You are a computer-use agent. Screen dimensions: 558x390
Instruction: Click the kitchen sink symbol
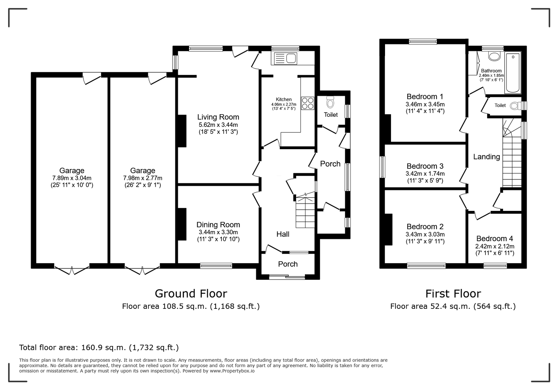pyautogui.click(x=286, y=59)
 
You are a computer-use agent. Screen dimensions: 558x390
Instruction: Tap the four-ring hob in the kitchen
pyautogui.click(x=308, y=103)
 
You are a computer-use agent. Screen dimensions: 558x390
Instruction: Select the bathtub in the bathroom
pyautogui.click(x=513, y=73)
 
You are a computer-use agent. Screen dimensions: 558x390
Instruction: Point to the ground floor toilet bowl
pyautogui.click(x=330, y=102)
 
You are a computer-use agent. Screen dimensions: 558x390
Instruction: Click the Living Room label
pyautogui.click(x=218, y=117)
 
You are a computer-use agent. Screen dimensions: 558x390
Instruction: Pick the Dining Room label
pyautogui.click(x=218, y=225)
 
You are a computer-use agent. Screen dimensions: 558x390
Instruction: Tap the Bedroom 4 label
pyautogui.click(x=495, y=239)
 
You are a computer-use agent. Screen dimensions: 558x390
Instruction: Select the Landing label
pyautogui.click(x=487, y=157)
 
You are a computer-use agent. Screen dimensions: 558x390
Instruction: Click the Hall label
pyautogui.click(x=283, y=234)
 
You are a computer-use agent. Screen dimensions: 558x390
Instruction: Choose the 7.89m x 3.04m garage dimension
pyautogui.click(x=72, y=178)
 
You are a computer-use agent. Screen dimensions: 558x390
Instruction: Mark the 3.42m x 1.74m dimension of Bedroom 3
pyautogui.click(x=425, y=174)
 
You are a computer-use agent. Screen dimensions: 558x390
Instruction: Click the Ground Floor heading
pyautogui.click(x=191, y=294)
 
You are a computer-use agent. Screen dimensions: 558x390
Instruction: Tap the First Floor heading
pyautogui.click(x=453, y=294)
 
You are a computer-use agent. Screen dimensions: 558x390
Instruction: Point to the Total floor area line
pyautogui.click(x=99, y=347)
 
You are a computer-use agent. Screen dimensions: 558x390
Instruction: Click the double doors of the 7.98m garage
pyautogui.click(x=142, y=270)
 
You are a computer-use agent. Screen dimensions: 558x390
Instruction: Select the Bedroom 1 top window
pyautogui.click(x=423, y=41)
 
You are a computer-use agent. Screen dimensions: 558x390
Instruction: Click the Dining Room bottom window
pyautogui.click(x=216, y=266)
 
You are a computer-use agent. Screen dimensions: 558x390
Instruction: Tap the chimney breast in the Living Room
pyautogui.click(x=182, y=131)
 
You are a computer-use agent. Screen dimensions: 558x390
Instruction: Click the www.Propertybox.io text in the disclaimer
pyautogui.click(x=232, y=371)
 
